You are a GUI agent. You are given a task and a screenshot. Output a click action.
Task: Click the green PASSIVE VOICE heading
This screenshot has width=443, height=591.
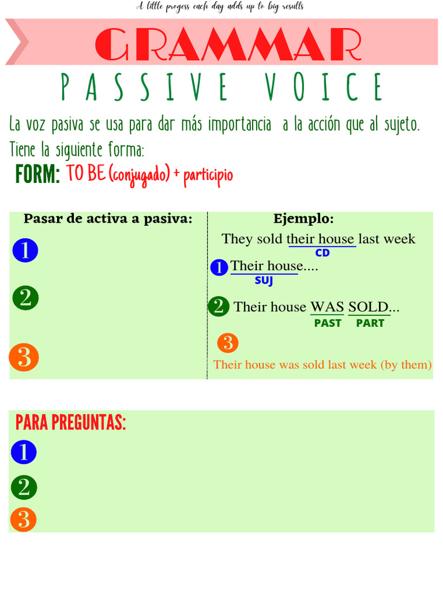(x=222, y=87)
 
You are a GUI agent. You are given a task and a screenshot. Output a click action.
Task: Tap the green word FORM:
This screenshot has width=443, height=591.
(x=37, y=174)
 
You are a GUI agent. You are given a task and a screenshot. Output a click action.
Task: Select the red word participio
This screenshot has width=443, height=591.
(x=208, y=174)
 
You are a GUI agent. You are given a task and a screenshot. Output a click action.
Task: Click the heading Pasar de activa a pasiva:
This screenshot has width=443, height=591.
(x=108, y=219)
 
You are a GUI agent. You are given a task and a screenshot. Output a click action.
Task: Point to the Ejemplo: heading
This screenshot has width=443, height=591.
(x=303, y=219)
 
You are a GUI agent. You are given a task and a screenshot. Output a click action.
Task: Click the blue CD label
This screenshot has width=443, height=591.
(x=322, y=253)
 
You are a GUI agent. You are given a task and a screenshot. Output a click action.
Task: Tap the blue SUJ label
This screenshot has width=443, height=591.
(x=264, y=281)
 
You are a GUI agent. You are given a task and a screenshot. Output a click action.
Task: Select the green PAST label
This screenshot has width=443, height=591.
(x=328, y=323)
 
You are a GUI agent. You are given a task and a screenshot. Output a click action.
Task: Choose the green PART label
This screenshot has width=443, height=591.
(x=370, y=323)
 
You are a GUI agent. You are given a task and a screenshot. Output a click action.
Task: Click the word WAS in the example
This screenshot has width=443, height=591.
(x=327, y=306)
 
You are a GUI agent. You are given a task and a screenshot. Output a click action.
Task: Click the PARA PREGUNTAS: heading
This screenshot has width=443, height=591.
(x=71, y=423)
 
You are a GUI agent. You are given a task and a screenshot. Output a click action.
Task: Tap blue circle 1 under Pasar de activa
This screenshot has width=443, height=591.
(x=25, y=250)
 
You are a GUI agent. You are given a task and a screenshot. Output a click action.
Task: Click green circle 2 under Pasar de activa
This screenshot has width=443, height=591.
(x=25, y=298)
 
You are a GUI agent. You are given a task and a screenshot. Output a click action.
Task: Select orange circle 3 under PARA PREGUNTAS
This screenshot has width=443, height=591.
(x=24, y=519)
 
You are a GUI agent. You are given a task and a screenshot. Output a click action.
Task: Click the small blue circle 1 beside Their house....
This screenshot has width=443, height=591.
(x=219, y=268)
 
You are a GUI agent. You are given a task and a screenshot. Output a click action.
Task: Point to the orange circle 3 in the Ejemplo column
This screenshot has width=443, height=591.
(x=228, y=343)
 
